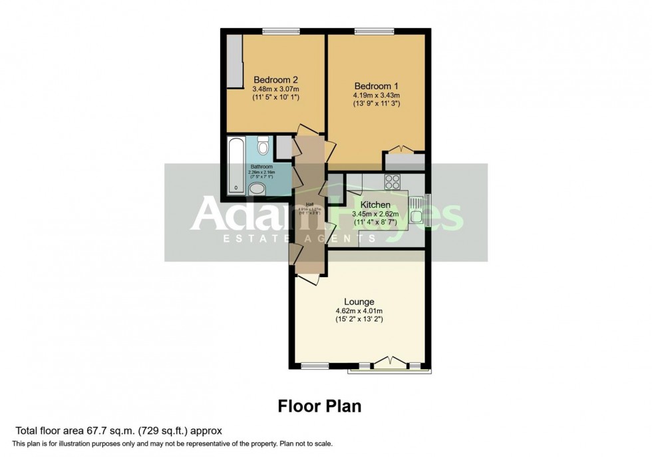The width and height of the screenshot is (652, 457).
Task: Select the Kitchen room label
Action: pos(376,205)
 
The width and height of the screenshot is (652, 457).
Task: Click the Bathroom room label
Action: pos(261,167)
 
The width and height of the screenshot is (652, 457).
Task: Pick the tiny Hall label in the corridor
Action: pos(309,204)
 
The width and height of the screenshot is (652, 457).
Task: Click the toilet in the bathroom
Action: pos(263,145)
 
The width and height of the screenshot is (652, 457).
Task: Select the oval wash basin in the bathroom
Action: pos(256,189)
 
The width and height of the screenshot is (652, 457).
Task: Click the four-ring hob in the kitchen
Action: pos(392,180)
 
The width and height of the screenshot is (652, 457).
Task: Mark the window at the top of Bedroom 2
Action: pos(280,31)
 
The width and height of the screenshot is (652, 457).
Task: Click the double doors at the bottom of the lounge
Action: pos(391,362)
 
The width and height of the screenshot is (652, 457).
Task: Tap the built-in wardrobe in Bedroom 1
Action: pos(404,161)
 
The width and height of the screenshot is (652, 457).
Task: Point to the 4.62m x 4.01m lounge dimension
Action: pos(359,311)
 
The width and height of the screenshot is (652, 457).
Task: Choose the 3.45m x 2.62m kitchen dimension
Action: pos(376,215)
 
